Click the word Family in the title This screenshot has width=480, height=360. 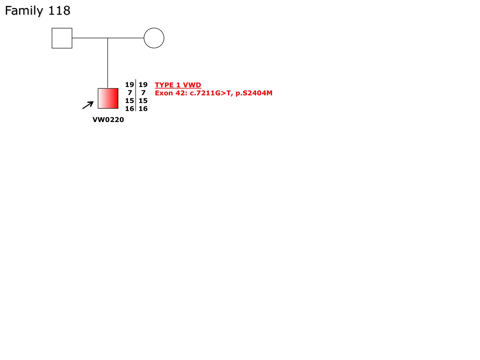click(24, 11)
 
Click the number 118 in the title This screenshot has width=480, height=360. click(59, 10)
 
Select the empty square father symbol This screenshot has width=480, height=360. click(62, 38)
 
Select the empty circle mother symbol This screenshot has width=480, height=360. click(154, 38)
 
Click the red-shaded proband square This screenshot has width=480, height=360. click(108, 98)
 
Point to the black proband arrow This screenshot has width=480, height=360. click(88, 105)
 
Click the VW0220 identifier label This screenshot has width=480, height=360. click(108, 120)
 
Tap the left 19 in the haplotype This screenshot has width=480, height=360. click(129, 85)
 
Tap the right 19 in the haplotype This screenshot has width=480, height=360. click(143, 85)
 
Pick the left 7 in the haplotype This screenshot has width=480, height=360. click(130, 93)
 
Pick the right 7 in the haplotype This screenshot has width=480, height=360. click(143, 93)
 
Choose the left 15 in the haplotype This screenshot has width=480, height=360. click(129, 101)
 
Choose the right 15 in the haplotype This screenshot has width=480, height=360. click(143, 101)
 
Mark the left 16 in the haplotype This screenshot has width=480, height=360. click(129, 109)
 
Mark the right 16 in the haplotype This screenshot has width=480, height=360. click(143, 109)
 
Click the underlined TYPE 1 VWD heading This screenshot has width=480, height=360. click(178, 85)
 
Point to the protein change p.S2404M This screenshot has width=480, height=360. click(254, 93)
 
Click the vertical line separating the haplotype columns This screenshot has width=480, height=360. click(136, 95)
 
